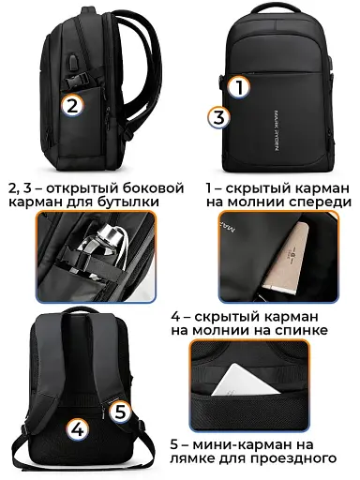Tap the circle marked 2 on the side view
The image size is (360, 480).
click(71, 105)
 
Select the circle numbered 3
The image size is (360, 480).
click(217, 118)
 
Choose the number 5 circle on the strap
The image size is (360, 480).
click(119, 410)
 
